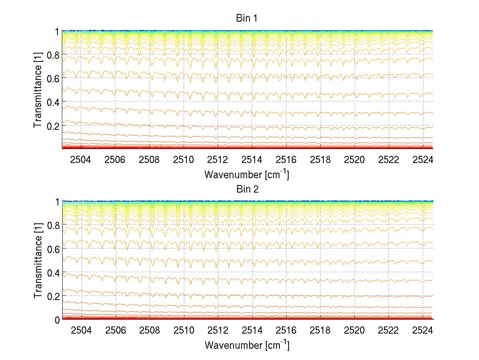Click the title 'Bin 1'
tap(247, 18)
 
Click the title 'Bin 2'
tap(247, 189)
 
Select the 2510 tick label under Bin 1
tap(184, 160)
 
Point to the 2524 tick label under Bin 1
tap(423, 160)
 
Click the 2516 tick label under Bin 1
tap(286, 160)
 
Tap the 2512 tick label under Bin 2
tap(218, 331)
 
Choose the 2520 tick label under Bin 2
tap(354, 331)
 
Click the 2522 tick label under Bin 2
tap(388, 331)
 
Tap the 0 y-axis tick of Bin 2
tap(57, 320)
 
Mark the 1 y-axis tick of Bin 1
tap(57, 31)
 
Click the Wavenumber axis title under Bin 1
tap(247, 174)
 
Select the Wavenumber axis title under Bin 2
tap(247, 345)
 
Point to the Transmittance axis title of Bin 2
tap(38, 261)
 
